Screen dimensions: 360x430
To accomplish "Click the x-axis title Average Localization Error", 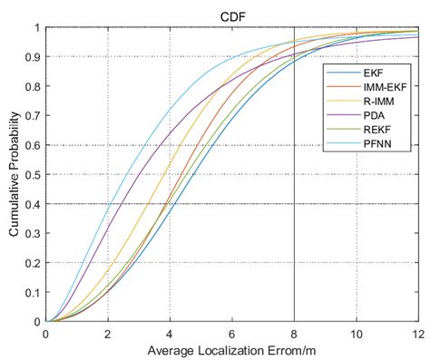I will [231, 348].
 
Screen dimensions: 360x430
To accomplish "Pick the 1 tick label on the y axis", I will [37, 28].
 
